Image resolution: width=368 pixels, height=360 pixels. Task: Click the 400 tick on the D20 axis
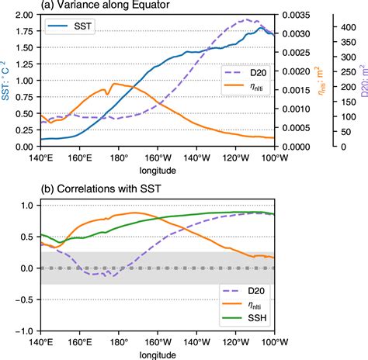(x=343, y=26)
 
